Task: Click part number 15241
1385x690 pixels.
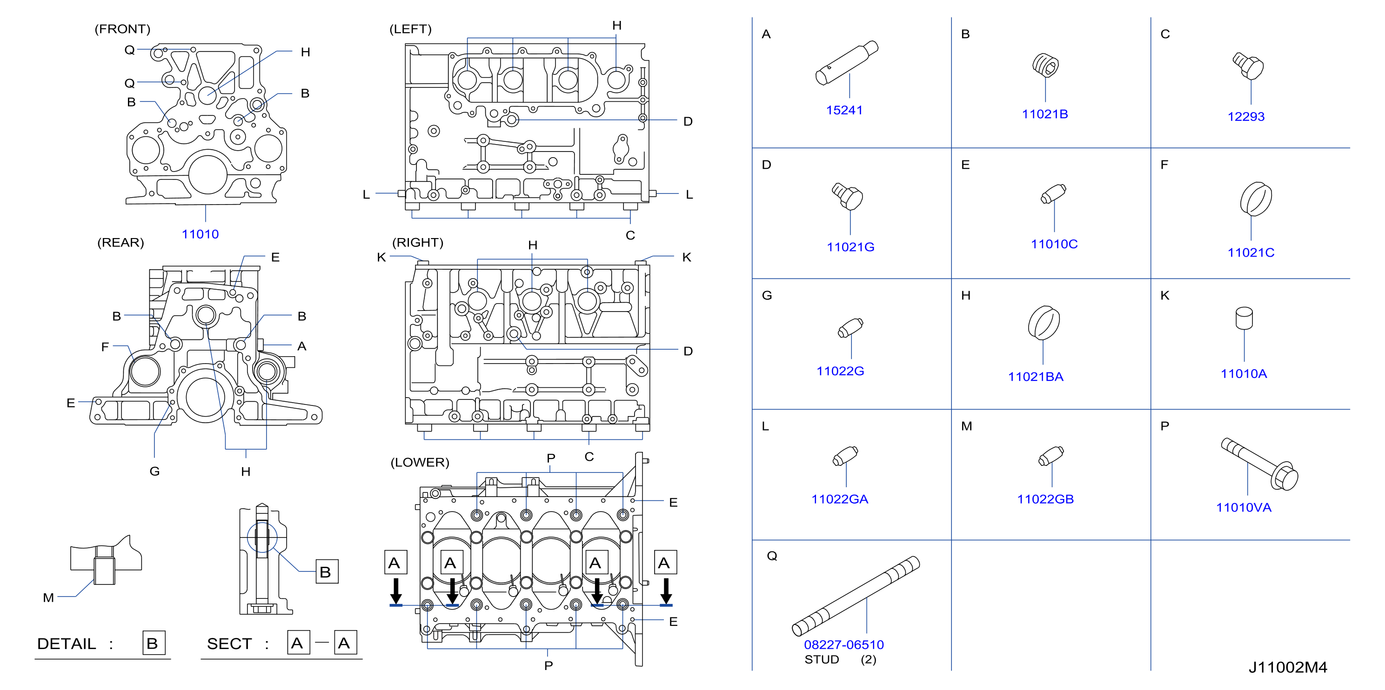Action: pyautogui.click(x=844, y=110)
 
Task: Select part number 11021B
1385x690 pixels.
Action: pyautogui.click(x=1044, y=114)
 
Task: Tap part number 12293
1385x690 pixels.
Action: pyautogui.click(x=1246, y=117)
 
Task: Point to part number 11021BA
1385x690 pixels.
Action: pyautogui.click(x=1036, y=377)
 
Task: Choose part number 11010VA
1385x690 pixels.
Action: pyautogui.click(x=1244, y=507)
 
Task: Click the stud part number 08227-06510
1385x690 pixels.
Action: pyautogui.click(x=843, y=644)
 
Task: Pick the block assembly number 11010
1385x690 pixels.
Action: pyautogui.click(x=200, y=234)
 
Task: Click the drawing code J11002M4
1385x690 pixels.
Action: pyautogui.click(x=1288, y=667)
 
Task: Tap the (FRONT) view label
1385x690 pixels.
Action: pyautogui.click(x=122, y=29)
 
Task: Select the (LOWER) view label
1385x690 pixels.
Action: pyautogui.click(x=420, y=462)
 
